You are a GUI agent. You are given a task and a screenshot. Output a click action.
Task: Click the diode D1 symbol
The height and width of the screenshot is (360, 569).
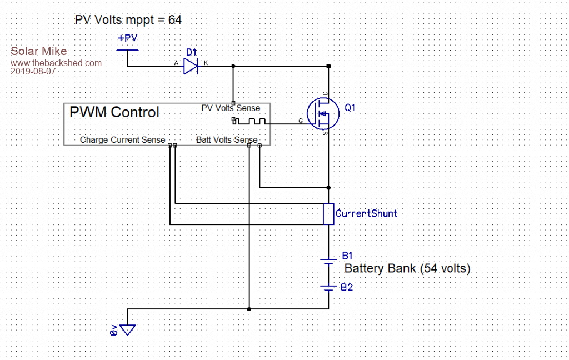point(191,66)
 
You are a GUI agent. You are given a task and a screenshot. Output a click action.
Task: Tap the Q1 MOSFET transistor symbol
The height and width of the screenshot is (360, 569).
point(323,113)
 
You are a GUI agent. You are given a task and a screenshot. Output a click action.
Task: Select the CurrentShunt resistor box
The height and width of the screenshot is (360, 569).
point(328,214)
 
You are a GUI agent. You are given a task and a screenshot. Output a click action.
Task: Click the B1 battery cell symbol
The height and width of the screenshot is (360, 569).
point(328,261)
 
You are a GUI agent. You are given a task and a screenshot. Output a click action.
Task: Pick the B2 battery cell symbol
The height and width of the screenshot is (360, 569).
point(328,288)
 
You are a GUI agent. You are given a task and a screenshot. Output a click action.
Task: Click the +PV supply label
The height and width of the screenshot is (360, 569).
point(128,39)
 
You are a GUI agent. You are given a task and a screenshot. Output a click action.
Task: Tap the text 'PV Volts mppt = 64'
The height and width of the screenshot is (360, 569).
point(128,20)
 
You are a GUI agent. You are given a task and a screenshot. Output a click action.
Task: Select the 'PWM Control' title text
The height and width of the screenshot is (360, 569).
point(114,112)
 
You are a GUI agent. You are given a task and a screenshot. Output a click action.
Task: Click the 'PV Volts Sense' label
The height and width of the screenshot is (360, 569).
point(231,108)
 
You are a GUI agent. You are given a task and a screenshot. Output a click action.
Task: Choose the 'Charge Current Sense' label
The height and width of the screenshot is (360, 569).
point(122,139)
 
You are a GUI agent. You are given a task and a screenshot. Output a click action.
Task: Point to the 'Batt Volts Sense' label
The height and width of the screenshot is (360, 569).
point(227,139)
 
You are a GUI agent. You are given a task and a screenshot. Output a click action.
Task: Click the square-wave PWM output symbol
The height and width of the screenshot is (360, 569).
point(249,122)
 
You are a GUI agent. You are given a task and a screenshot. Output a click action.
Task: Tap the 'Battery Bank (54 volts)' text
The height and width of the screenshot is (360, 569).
point(408,269)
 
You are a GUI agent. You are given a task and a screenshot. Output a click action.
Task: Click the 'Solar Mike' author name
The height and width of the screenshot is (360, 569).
point(39,52)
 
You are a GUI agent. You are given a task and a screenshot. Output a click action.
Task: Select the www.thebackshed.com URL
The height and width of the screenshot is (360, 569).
point(56,63)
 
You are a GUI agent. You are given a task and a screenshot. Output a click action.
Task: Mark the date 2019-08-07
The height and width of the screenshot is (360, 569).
point(33,72)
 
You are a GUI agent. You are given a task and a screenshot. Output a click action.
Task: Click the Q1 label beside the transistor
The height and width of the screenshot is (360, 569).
point(350,108)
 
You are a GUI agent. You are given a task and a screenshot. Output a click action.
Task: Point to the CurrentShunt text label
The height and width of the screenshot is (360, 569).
point(366,213)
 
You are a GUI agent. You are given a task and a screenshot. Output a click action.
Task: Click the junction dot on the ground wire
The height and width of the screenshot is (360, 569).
point(249,308)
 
